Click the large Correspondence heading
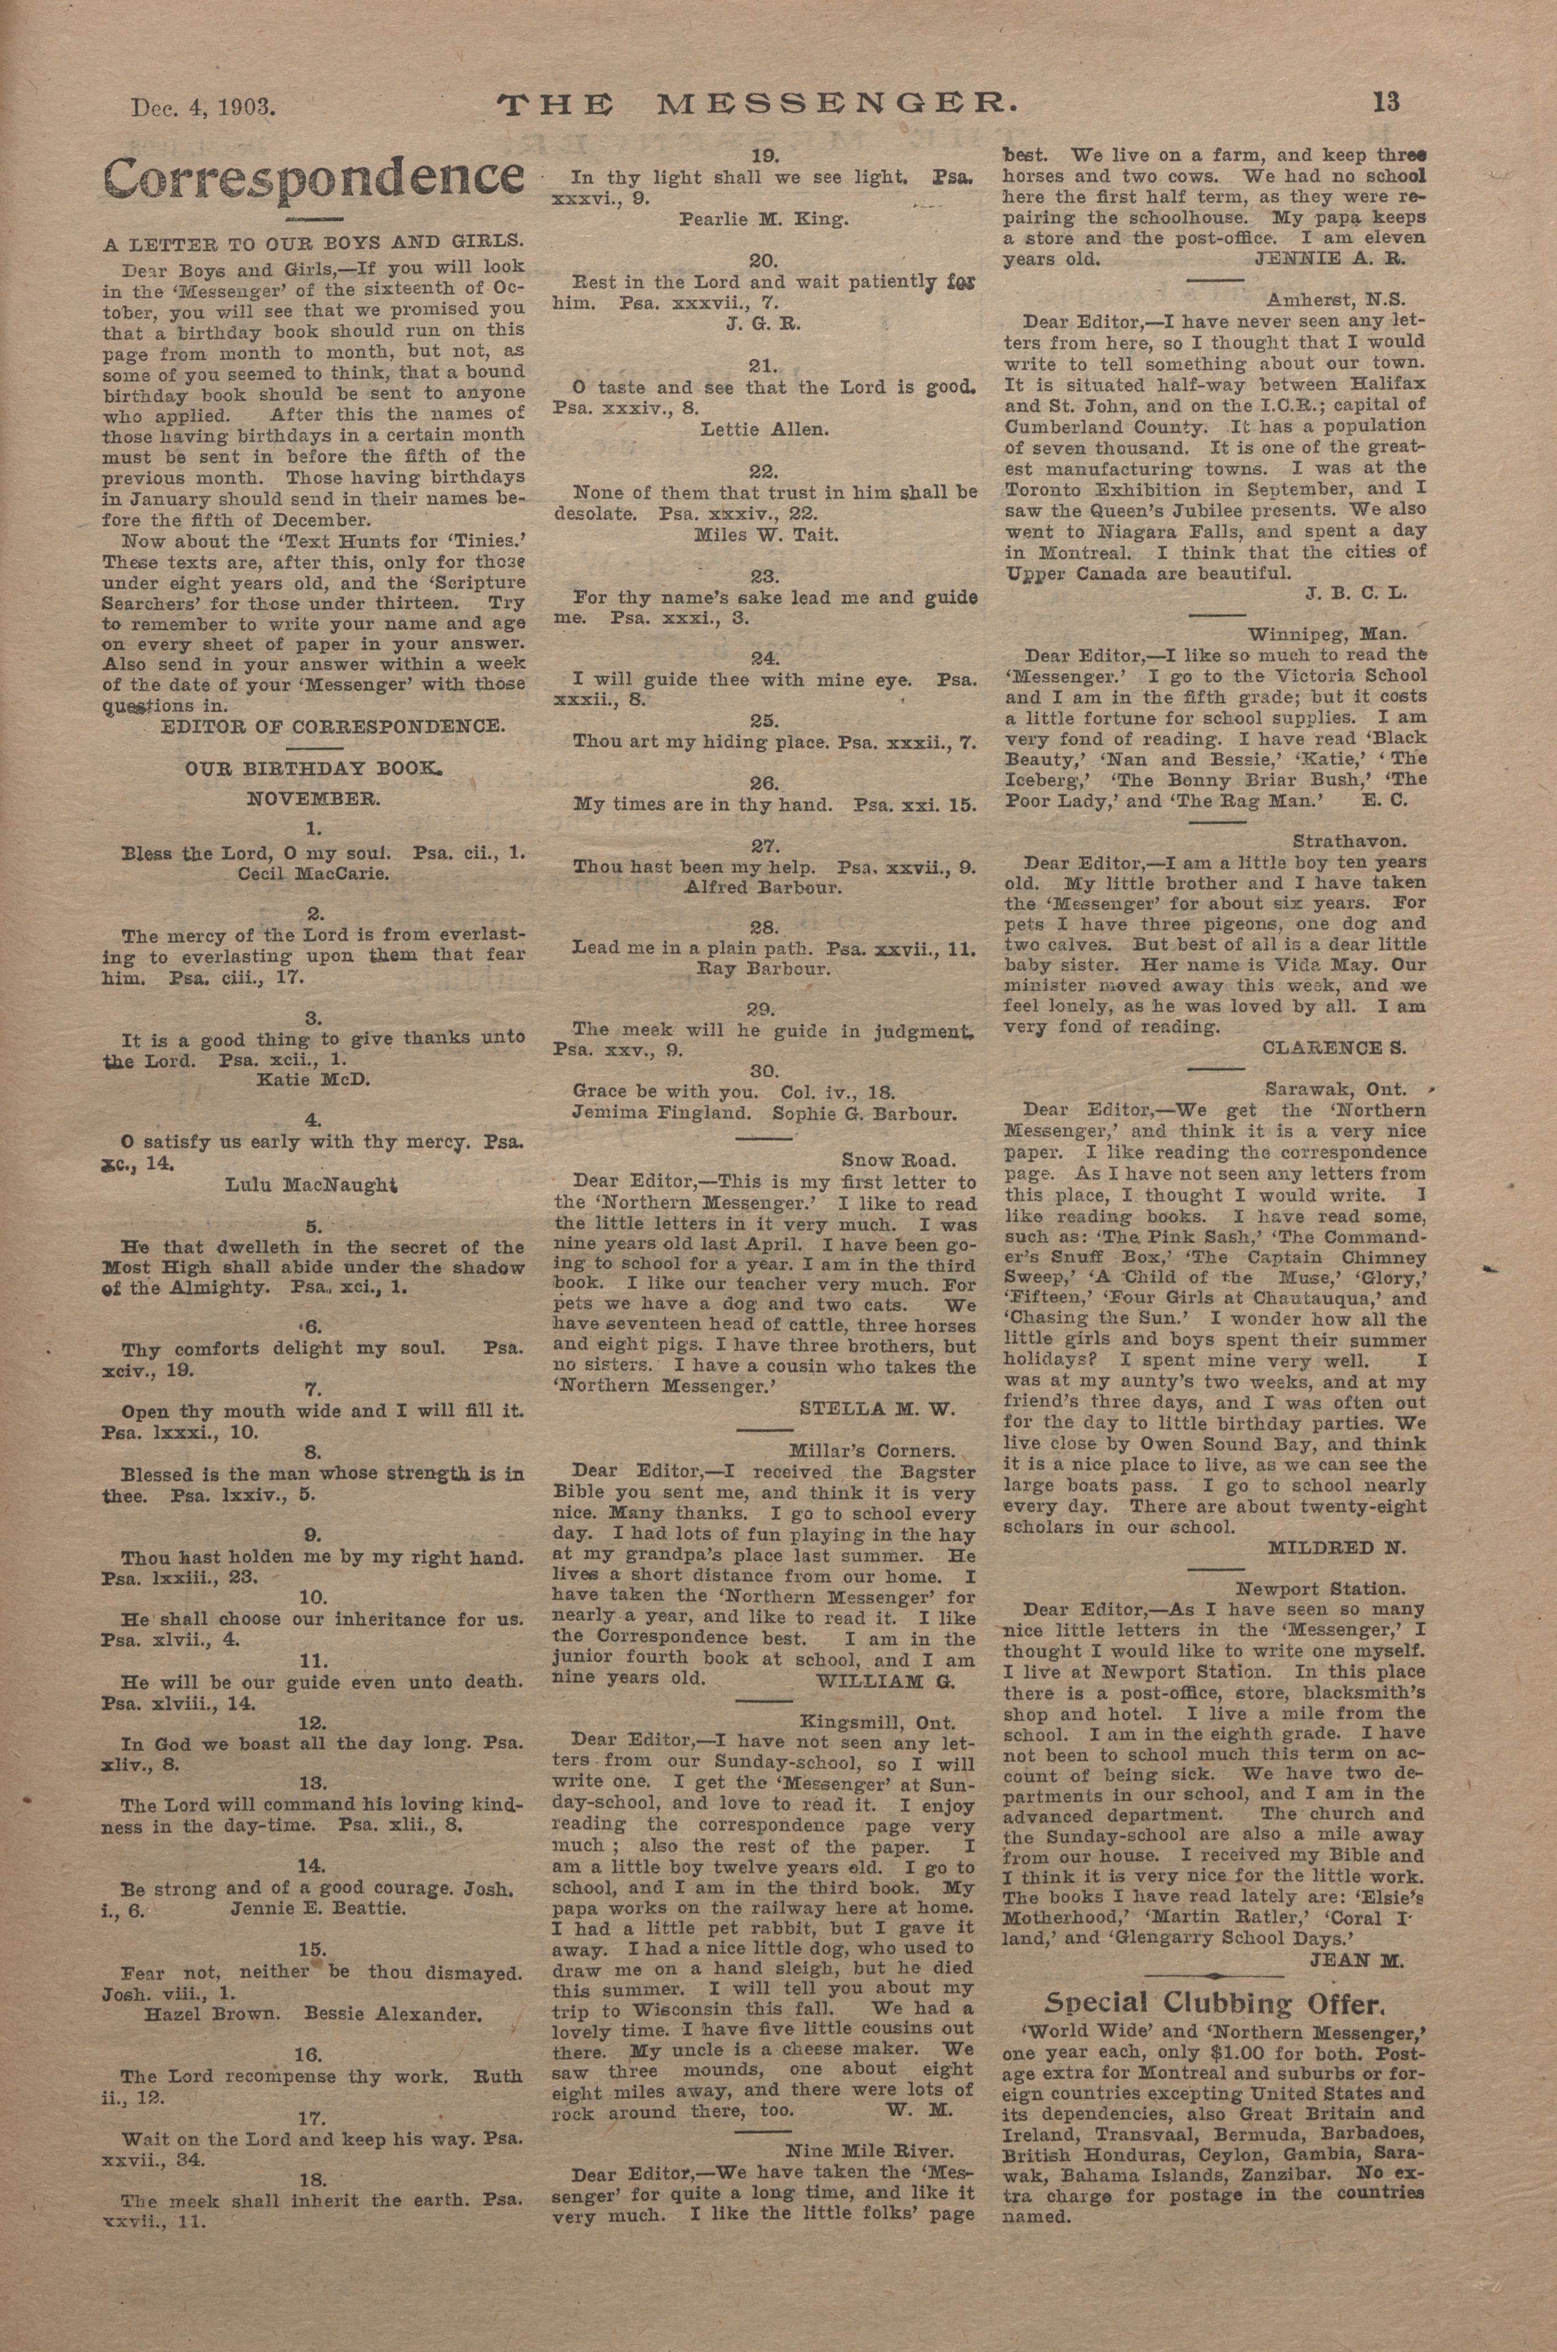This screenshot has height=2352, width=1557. coord(314,177)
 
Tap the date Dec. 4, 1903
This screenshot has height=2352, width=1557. coord(203,106)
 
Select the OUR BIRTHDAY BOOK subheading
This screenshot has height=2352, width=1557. coord(314,768)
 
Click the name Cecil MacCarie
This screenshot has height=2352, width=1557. coord(314,874)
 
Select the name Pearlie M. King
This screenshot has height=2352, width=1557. coord(764,220)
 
